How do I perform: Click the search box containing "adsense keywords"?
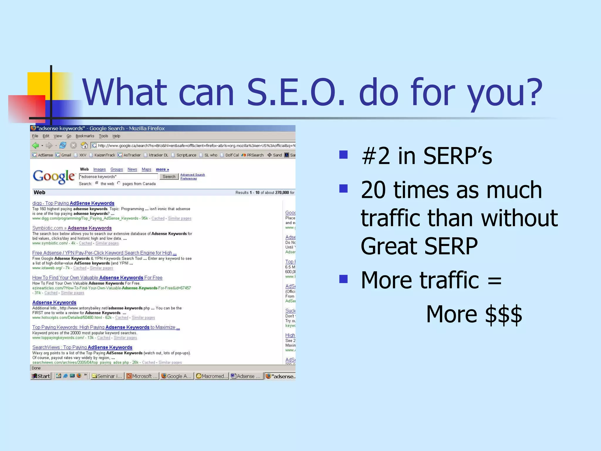click(119, 176)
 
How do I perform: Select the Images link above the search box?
click(99, 169)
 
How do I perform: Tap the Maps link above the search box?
click(146, 169)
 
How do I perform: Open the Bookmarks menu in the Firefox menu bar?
click(85, 136)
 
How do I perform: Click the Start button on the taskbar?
click(41, 376)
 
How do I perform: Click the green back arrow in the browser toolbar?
click(36, 145)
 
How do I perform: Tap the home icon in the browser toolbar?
click(84, 145)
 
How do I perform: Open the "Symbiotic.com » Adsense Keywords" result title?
click(72, 228)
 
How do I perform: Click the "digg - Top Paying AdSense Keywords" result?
click(73, 203)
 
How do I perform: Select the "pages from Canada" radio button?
click(119, 183)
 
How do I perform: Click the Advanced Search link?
click(193, 175)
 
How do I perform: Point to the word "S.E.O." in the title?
click(296, 92)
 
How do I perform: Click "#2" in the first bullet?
click(376, 156)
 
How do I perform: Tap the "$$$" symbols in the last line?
click(504, 314)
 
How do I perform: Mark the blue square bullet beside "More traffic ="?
click(343, 279)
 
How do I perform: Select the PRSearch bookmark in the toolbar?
click(253, 155)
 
